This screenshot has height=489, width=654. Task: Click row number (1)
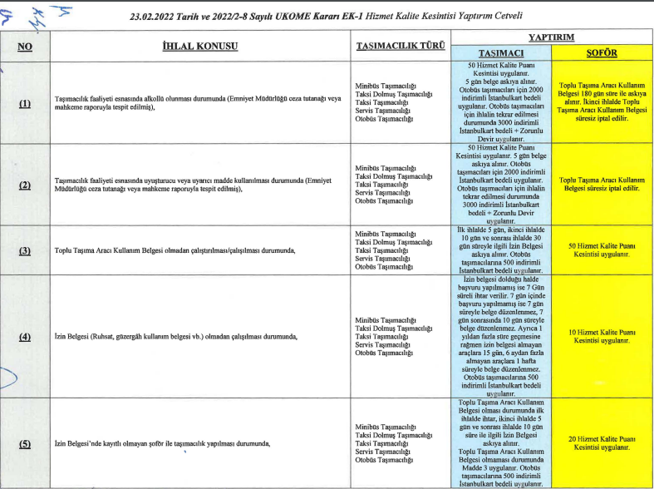tap(25, 103)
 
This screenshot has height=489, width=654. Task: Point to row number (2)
tap(25, 184)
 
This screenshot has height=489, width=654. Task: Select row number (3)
tap(25, 249)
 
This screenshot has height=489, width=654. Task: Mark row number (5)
tap(25, 443)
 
